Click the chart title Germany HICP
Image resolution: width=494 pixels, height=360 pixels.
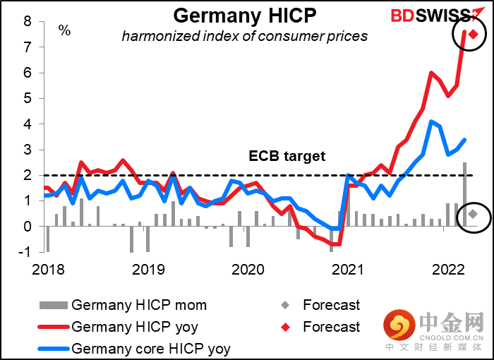click(x=244, y=15)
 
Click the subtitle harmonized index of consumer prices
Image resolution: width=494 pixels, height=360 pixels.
click(x=244, y=35)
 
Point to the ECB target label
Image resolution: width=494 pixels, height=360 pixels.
click(x=287, y=156)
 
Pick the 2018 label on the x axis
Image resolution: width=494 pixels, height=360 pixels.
click(x=47, y=269)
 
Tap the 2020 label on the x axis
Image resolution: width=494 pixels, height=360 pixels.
click(x=247, y=269)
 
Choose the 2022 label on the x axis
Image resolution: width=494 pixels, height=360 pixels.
click(x=447, y=269)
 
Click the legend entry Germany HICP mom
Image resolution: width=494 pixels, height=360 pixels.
click(x=139, y=306)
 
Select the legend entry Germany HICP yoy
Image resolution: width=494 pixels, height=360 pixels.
click(x=134, y=327)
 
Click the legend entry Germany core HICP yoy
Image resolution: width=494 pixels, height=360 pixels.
click(x=151, y=348)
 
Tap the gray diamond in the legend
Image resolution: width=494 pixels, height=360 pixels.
click(x=284, y=306)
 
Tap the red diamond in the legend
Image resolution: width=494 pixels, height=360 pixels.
click(x=284, y=327)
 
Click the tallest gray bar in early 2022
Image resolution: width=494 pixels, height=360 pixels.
click(x=464, y=195)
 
